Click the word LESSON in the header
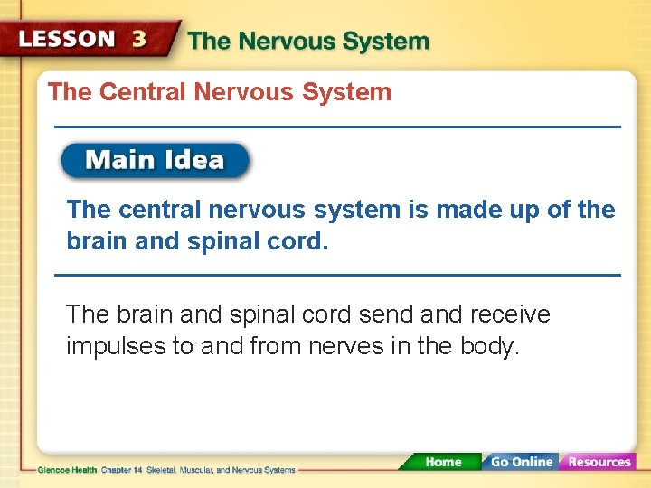(67, 40)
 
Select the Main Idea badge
(155, 161)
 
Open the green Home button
(443, 462)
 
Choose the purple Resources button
(599, 462)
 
